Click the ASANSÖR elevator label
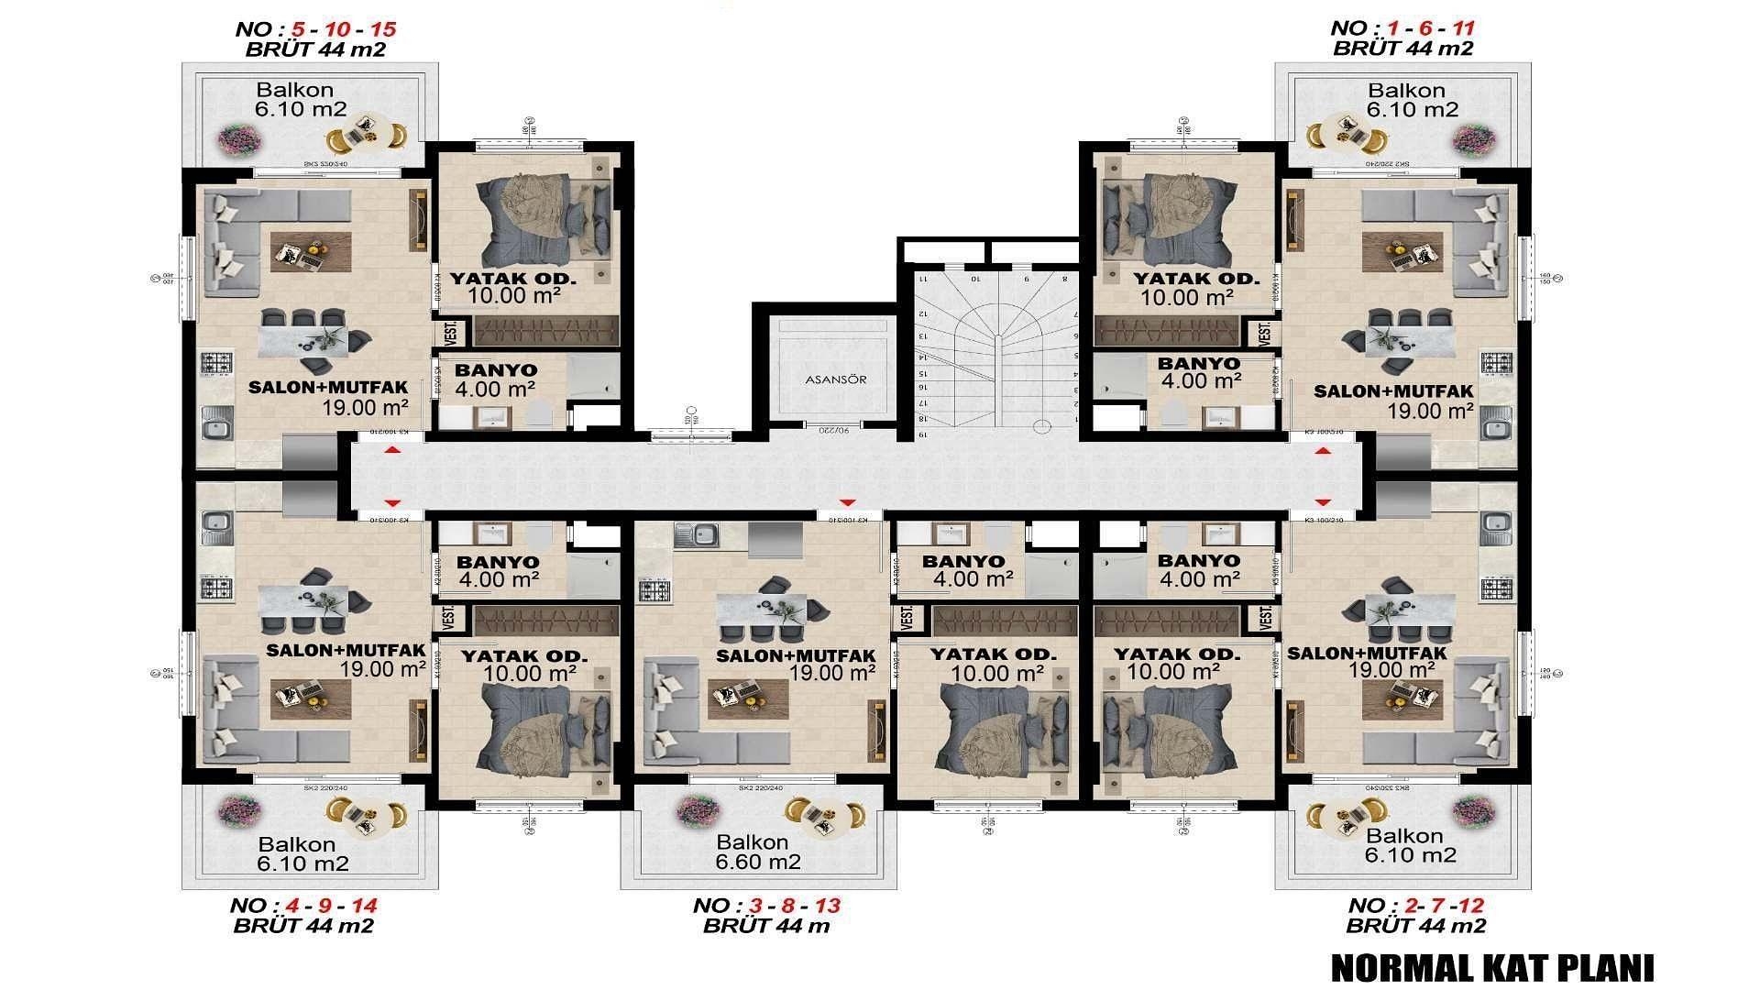[835, 379]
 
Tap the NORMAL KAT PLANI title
[1491, 968]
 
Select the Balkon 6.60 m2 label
[758, 852]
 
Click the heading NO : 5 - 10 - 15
[315, 28]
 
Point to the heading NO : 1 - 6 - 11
[1403, 28]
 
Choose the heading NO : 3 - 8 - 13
[766, 906]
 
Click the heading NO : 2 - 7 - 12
[1416, 906]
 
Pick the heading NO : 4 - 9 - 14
[302, 906]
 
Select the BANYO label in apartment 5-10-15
[496, 370]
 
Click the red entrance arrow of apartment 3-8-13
[847, 502]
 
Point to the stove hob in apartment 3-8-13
[654, 588]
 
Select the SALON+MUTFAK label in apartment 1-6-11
[1393, 391]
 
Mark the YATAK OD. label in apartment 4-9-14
[523, 656]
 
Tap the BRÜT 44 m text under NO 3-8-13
[766, 926]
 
